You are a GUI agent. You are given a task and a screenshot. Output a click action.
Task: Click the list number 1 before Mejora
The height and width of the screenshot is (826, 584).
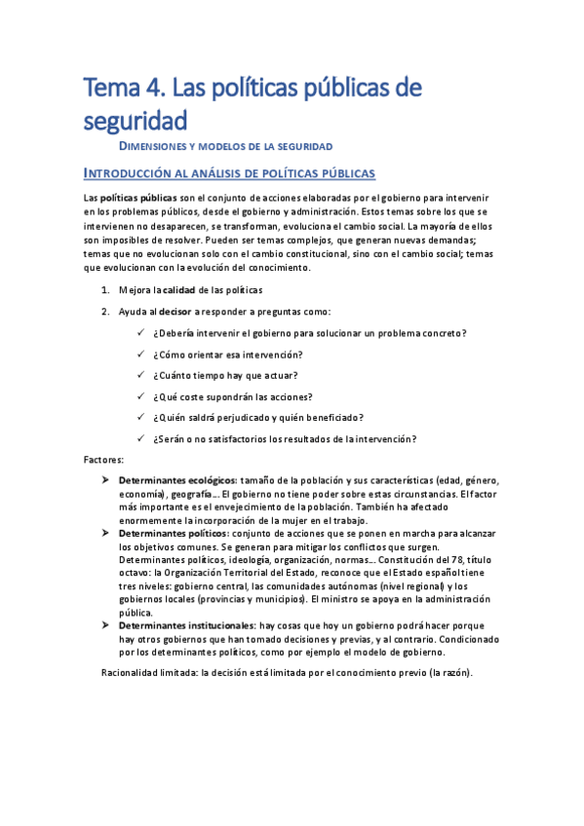tap(105, 290)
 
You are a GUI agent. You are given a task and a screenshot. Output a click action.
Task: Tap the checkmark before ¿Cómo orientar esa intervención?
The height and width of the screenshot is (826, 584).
tap(141, 355)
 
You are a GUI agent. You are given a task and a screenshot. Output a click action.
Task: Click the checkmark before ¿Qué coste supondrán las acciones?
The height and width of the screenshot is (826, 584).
tap(141, 396)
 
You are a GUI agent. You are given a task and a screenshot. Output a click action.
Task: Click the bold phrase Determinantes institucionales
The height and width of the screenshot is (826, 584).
tap(186, 625)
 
